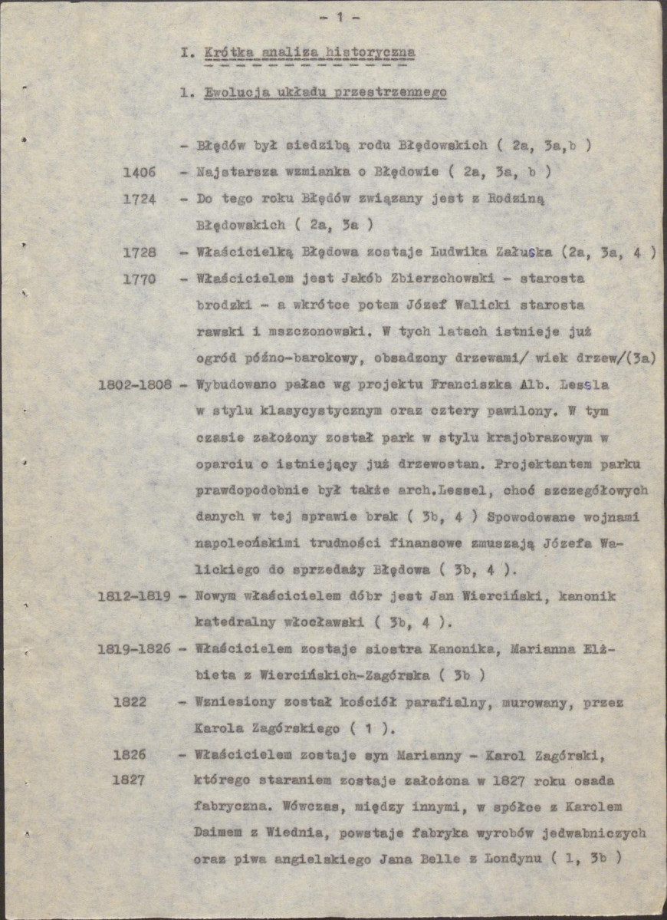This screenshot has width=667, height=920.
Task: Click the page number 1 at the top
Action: pos(338,16)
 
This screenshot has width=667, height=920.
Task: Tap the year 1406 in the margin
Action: pos(140,172)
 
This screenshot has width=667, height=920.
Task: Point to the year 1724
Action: pos(140,199)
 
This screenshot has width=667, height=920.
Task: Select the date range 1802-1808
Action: pos(135,384)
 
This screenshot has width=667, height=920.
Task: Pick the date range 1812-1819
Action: pos(135,596)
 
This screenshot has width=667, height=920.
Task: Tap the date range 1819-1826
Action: pos(135,649)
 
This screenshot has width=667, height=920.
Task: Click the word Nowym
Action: pos(215,596)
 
